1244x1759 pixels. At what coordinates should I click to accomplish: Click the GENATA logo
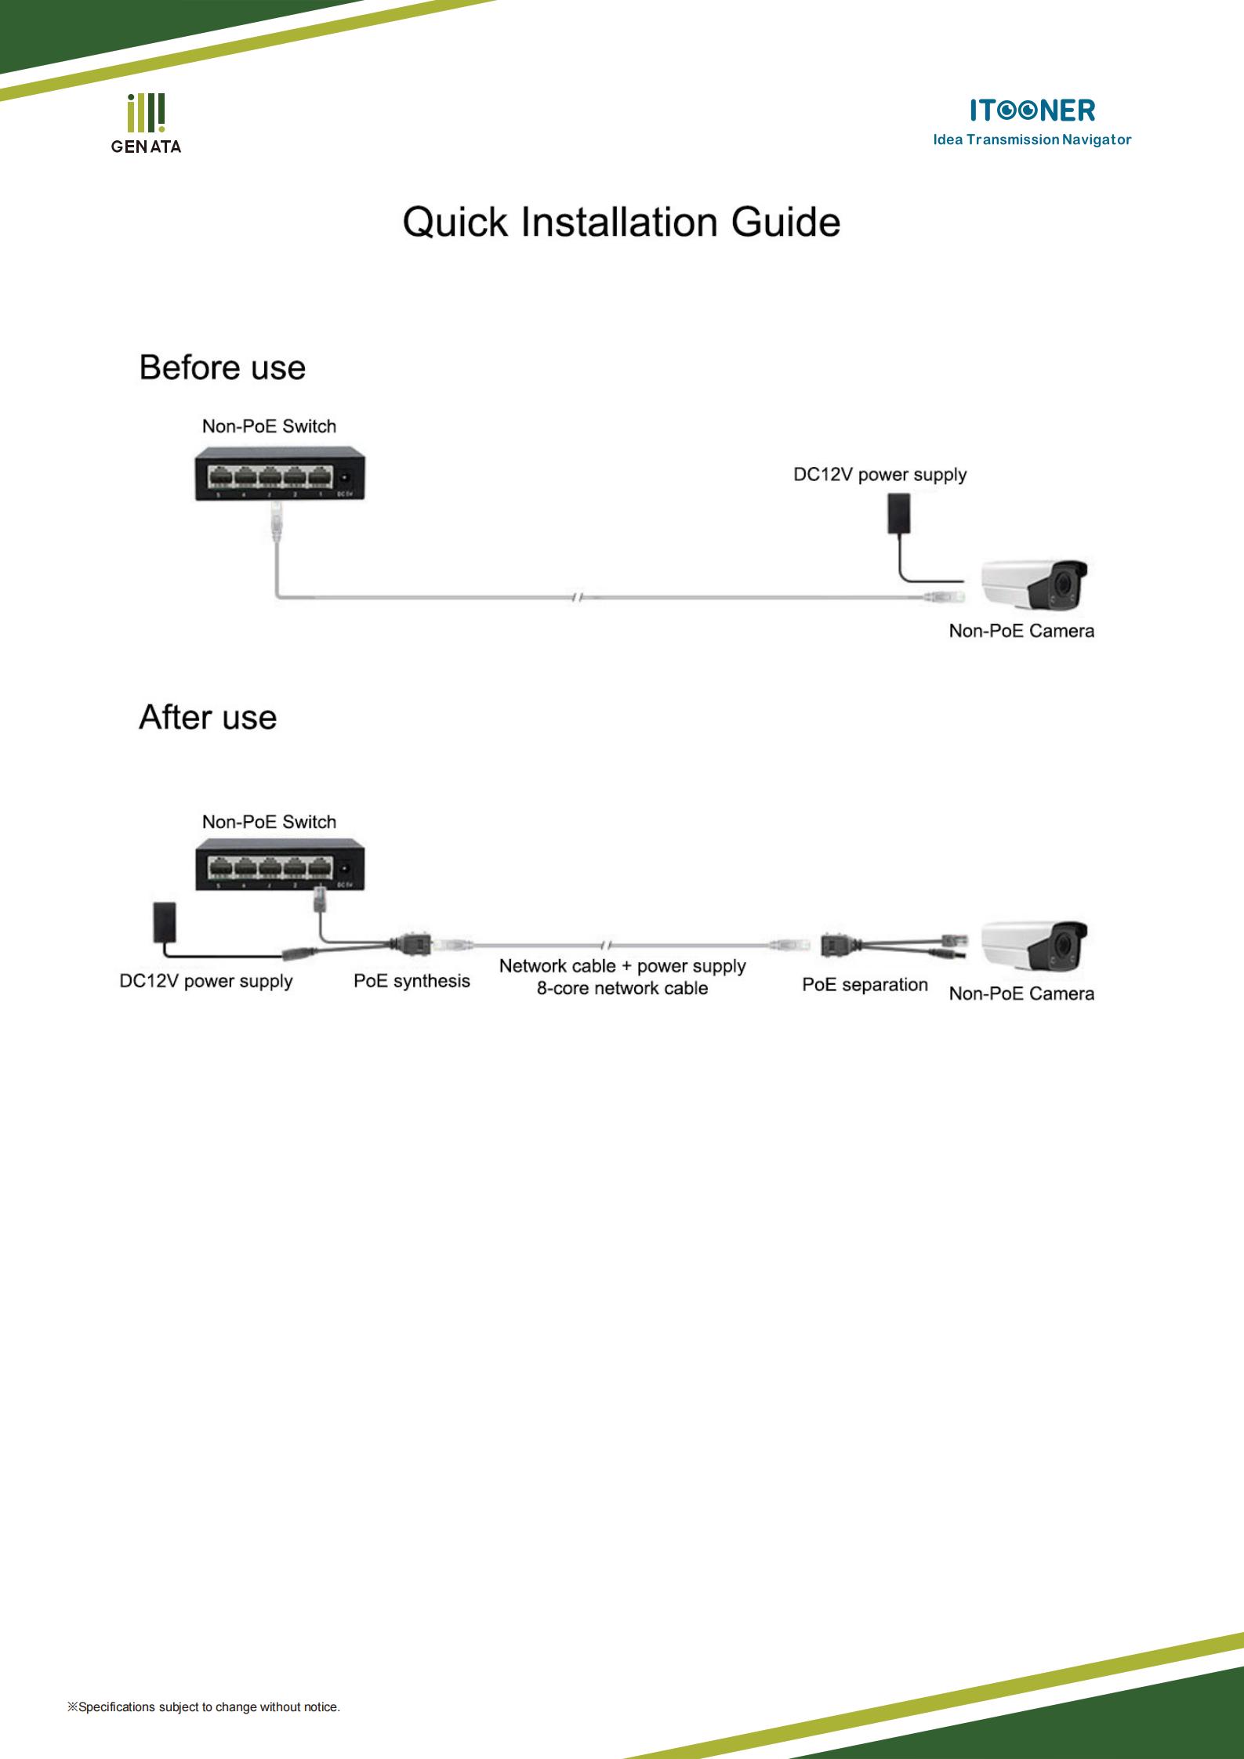pos(146,123)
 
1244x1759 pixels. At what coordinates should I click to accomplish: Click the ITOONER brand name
pos(1032,110)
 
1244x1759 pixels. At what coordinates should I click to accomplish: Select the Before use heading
pos(223,367)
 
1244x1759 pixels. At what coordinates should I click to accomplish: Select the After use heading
pos(208,718)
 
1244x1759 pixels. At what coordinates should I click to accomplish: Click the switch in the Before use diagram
pos(281,473)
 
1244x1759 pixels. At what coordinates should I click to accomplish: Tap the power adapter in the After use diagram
pos(163,922)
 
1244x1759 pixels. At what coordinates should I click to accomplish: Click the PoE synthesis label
pos(412,981)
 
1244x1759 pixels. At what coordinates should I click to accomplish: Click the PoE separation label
pos(865,985)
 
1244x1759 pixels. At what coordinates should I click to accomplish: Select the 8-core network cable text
pos(622,988)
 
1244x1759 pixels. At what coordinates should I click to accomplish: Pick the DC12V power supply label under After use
pos(206,981)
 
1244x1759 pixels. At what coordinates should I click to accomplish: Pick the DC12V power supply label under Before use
pos(880,475)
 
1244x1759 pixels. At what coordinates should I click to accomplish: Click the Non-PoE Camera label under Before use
pos(1021,631)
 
